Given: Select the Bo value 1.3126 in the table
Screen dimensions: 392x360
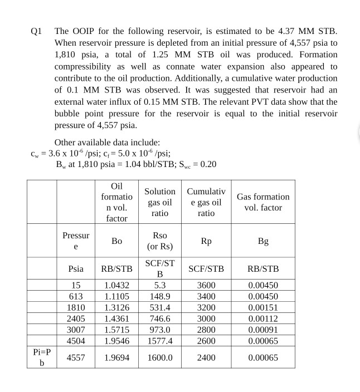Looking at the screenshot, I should [x=116, y=307].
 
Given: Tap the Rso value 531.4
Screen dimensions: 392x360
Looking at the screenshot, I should [x=160, y=307].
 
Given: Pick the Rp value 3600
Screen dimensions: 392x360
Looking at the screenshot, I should [x=206, y=285].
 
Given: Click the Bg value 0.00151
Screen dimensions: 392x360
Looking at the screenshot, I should [x=263, y=307].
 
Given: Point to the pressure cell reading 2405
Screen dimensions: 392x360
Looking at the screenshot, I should [x=76, y=318].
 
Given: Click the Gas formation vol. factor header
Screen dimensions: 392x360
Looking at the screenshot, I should [x=263, y=202].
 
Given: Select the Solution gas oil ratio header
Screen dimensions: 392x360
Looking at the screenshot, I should [x=160, y=202].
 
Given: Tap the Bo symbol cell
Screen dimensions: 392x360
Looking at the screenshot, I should [x=116, y=241].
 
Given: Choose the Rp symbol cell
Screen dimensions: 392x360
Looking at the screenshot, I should [x=206, y=241].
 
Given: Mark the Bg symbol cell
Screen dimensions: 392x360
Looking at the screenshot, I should [x=263, y=241].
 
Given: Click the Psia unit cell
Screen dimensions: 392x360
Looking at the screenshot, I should [x=76, y=268].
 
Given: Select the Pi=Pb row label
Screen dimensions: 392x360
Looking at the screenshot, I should [x=42, y=357].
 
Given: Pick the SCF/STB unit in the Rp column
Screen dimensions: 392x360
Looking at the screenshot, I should [x=206, y=268].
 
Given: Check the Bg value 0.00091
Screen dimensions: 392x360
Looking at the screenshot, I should [x=263, y=330].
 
